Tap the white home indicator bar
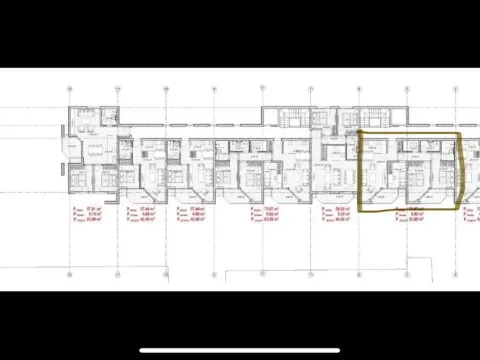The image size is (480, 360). tap(239, 350)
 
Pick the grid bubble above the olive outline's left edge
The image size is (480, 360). tap(359, 89)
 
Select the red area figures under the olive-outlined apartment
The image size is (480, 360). tap(403, 213)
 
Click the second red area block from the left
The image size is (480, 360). tap(141, 213)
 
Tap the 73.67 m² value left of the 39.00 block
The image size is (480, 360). tap(264, 208)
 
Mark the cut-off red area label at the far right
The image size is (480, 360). tap(470, 213)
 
